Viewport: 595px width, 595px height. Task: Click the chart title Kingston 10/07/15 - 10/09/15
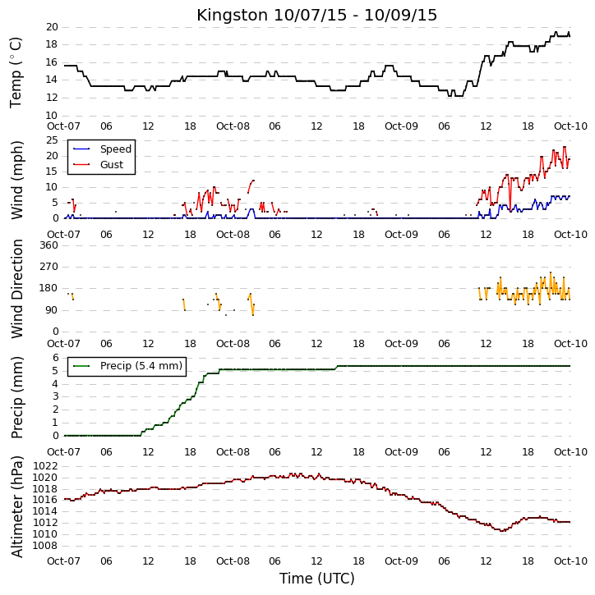pyautogui.click(x=316, y=15)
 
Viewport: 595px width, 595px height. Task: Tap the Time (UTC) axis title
pyautogui.click(x=316, y=579)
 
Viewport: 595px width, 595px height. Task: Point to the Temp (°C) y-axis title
pyautogui.click(x=16, y=72)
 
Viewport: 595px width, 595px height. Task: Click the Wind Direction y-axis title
pyautogui.click(x=16, y=289)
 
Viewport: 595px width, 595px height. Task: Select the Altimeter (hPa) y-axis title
pyautogui.click(x=16, y=507)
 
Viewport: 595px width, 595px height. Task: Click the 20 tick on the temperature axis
pyautogui.click(x=52, y=27)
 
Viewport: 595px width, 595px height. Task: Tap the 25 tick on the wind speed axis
pyautogui.click(x=52, y=140)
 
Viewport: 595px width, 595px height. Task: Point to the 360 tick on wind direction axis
pyautogui.click(x=49, y=245)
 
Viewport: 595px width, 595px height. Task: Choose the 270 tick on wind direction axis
pyautogui.click(x=49, y=267)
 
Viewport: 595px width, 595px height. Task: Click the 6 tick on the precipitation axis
pyautogui.click(x=55, y=358)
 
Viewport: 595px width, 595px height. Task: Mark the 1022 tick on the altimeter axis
pyautogui.click(x=45, y=466)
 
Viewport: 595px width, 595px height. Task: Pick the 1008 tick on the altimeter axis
pyautogui.click(x=45, y=546)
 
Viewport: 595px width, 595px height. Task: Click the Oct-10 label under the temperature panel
pyautogui.click(x=570, y=126)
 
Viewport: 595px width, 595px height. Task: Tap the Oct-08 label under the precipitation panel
pyautogui.click(x=233, y=452)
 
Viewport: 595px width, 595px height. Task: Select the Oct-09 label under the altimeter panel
pyautogui.click(x=401, y=561)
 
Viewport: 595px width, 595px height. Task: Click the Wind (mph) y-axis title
pyautogui.click(x=16, y=181)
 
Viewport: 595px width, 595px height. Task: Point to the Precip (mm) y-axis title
pyautogui.click(x=16, y=398)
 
